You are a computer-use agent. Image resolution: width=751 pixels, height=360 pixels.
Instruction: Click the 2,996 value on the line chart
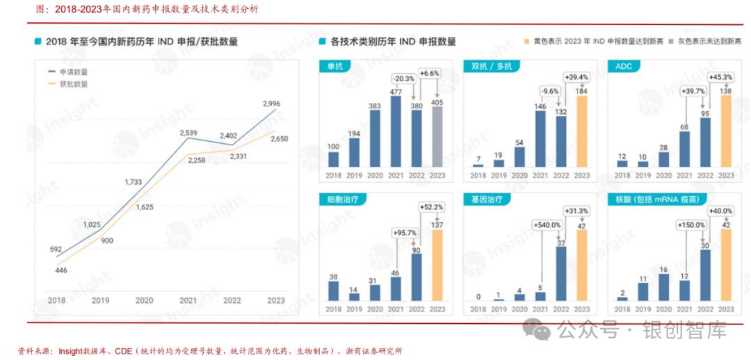click(x=271, y=104)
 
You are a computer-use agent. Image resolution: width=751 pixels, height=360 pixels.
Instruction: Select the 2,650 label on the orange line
click(x=279, y=138)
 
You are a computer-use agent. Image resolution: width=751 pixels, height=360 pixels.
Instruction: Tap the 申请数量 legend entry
click(x=73, y=72)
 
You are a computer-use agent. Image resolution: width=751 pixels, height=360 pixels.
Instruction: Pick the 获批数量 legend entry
click(x=73, y=83)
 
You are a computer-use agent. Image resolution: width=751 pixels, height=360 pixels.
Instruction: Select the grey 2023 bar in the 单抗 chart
click(x=437, y=138)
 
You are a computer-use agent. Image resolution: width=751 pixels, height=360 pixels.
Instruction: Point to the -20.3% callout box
click(x=403, y=78)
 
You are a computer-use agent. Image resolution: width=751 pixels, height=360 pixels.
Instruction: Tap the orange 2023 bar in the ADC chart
click(x=726, y=132)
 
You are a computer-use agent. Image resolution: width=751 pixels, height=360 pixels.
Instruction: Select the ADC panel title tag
click(x=624, y=66)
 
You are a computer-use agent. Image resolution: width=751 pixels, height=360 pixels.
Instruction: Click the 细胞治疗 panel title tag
click(x=335, y=199)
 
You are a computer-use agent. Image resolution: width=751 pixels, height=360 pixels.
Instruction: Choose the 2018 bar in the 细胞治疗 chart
click(x=333, y=291)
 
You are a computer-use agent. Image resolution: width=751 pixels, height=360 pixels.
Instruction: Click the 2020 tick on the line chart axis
click(x=144, y=300)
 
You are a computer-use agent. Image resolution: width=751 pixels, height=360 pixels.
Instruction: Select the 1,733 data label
click(x=134, y=182)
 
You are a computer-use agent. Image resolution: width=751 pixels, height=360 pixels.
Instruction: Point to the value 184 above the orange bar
click(x=581, y=91)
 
